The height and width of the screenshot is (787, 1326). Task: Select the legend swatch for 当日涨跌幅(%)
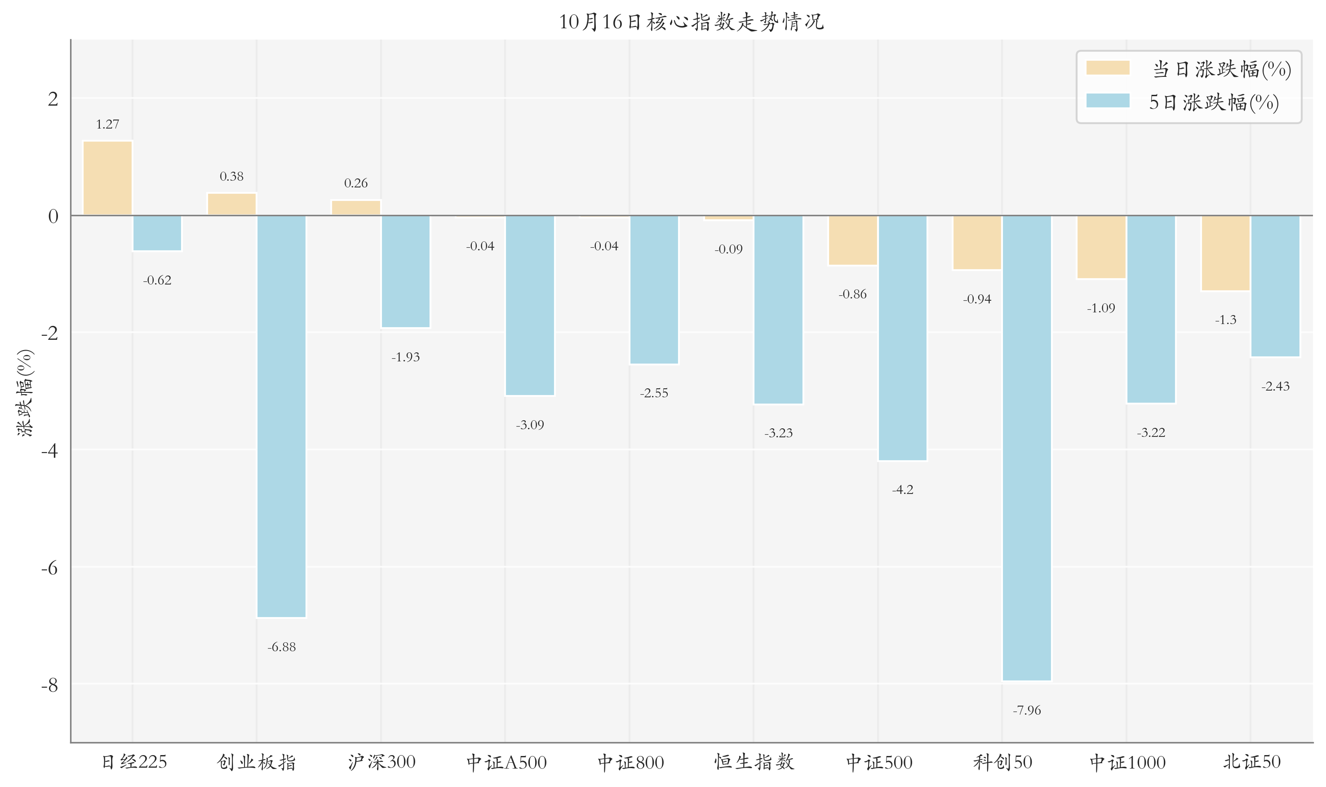(x=1107, y=68)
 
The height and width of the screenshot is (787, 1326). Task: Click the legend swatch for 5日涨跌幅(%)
(x=1107, y=101)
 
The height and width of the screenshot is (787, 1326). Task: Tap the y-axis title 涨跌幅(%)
(x=25, y=392)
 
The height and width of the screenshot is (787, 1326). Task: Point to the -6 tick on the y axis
(x=50, y=568)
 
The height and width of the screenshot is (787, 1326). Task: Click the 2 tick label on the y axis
(x=53, y=98)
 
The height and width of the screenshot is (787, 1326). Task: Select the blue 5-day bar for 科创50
(x=1026, y=448)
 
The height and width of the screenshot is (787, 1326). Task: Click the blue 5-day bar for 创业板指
(x=281, y=416)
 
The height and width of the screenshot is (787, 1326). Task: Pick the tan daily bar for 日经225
(x=108, y=178)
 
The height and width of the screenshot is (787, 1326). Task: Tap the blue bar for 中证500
(x=902, y=338)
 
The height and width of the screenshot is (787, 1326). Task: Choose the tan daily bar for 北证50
(x=1225, y=253)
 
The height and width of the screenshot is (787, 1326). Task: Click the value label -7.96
(x=1026, y=710)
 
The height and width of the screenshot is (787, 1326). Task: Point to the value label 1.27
(x=108, y=124)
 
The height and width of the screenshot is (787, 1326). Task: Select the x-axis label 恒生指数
(x=754, y=762)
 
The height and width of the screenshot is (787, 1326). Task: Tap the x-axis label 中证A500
(x=506, y=762)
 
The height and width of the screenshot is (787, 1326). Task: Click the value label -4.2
(x=902, y=489)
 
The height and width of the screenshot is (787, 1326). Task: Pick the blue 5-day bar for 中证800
(x=654, y=289)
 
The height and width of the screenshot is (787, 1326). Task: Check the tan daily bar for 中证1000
(x=1101, y=247)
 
